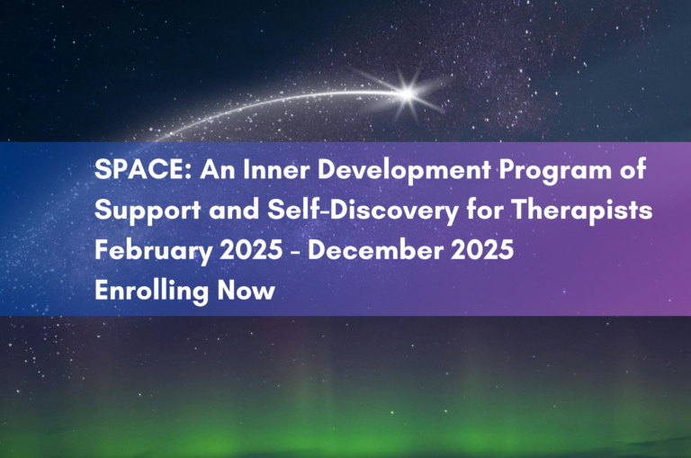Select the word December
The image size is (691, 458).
[x=375, y=250]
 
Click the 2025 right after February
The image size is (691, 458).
[x=251, y=250]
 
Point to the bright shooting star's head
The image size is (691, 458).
[x=408, y=93]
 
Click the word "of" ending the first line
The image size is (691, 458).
[x=633, y=169]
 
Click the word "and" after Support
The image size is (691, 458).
[x=234, y=210]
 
